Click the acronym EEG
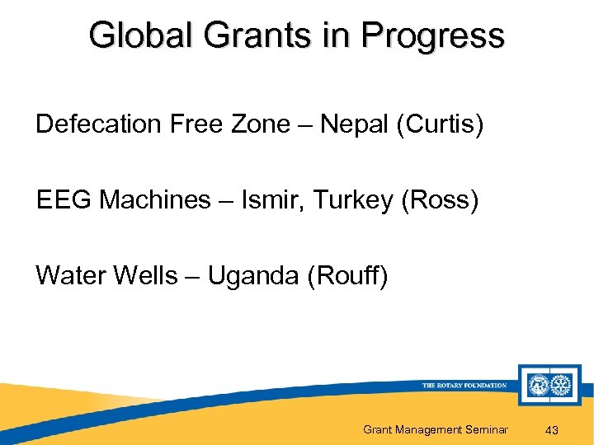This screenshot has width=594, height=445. (x=64, y=200)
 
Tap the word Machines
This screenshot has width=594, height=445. (x=155, y=200)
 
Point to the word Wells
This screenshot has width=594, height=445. (x=142, y=276)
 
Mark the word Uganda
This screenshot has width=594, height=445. (x=253, y=276)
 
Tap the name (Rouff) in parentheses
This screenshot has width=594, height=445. (x=346, y=276)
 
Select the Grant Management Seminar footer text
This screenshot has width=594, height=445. (x=436, y=429)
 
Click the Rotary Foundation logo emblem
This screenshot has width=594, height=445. (x=550, y=385)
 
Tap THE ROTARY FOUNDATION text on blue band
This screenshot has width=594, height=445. (x=464, y=385)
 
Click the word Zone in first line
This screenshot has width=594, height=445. (x=260, y=124)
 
